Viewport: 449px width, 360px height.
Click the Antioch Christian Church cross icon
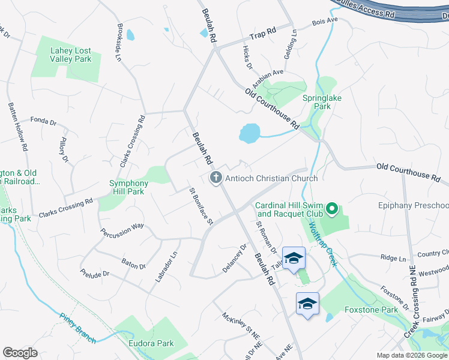pos(215,178)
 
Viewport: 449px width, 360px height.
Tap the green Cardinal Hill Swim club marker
pos(332,210)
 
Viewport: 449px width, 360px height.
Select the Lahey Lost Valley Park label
pos(67,55)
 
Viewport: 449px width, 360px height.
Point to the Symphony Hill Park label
pos(128,187)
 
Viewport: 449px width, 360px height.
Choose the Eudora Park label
pos(151,343)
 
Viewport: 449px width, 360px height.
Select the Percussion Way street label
pos(122,230)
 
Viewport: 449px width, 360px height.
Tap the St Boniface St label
pos(202,206)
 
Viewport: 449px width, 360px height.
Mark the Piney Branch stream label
pos(77,328)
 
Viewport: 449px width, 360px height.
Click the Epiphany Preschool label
pos(414,206)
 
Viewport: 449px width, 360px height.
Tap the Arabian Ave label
pos(270,74)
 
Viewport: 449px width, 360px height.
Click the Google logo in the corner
pos(20,353)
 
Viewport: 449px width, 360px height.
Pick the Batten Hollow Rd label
pos(17,126)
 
